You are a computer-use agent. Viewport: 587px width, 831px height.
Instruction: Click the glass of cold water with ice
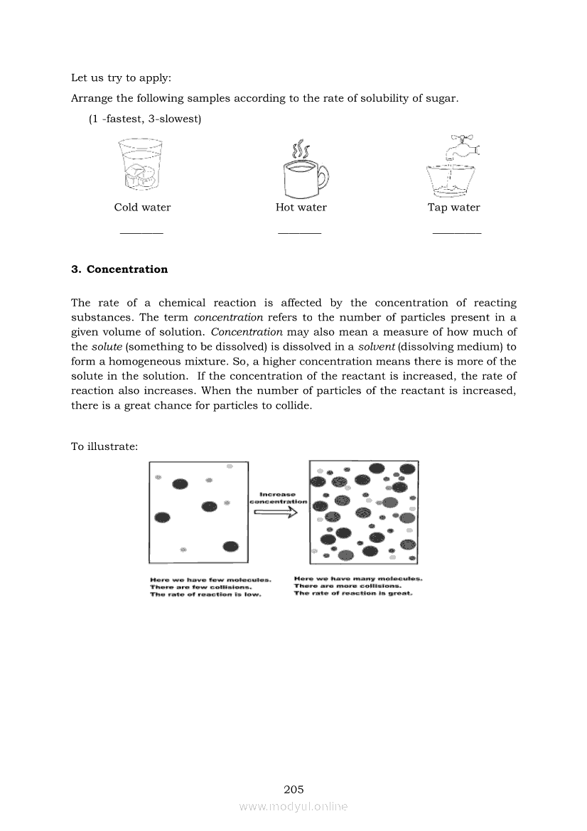click(x=139, y=166)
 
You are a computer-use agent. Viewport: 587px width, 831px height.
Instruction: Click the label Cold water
click(x=142, y=208)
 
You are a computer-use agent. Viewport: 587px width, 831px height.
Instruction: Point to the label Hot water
click(x=301, y=208)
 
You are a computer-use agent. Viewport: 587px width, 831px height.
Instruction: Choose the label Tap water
click(x=453, y=208)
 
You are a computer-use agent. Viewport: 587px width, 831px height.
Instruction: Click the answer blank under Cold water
click(x=141, y=232)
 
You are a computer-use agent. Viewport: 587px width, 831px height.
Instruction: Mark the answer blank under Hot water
click(x=299, y=232)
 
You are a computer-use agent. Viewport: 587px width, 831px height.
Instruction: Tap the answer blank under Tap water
click(x=456, y=232)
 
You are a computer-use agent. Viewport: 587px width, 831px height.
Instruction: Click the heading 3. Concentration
click(x=119, y=269)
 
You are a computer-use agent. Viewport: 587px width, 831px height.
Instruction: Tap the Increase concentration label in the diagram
click(x=278, y=498)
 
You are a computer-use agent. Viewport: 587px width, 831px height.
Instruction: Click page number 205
click(x=293, y=789)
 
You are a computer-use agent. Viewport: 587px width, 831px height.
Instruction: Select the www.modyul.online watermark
click(x=293, y=806)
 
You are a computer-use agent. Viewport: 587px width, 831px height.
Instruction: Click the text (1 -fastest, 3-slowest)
click(x=145, y=119)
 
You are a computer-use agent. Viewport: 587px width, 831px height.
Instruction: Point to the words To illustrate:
click(x=104, y=446)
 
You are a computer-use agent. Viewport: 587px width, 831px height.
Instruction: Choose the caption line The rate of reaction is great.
click(x=353, y=594)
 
